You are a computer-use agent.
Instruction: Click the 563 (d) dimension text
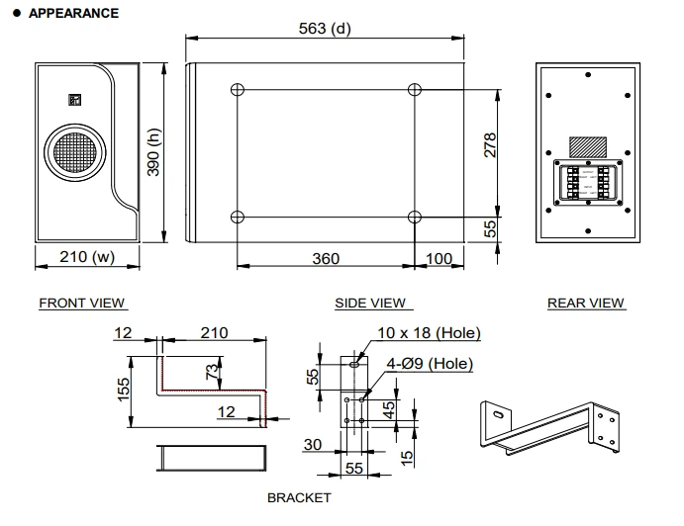[x=325, y=28]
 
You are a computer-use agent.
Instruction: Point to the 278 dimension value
[x=489, y=145]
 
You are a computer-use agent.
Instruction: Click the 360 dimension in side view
[x=325, y=258]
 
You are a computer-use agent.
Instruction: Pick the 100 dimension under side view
[x=439, y=258]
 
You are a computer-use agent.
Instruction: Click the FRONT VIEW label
[x=82, y=304]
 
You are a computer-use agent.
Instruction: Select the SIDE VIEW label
[x=371, y=304]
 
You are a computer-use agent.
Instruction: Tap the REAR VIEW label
[x=586, y=304]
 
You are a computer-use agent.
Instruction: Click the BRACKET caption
[x=299, y=498]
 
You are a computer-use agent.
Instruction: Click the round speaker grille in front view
[x=71, y=156]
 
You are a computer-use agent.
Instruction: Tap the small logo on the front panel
[x=72, y=98]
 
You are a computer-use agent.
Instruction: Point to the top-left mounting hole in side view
[x=237, y=90]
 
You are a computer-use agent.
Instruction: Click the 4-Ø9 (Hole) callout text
[x=430, y=363]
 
